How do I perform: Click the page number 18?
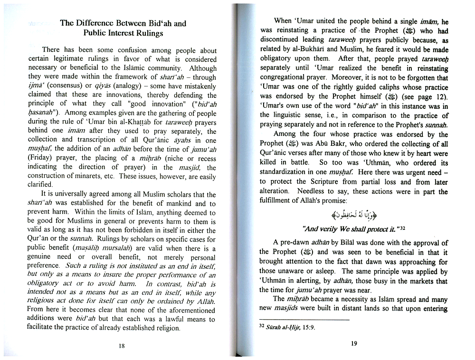(122, 346)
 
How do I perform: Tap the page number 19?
(354, 343)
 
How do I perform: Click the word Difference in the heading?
(100, 23)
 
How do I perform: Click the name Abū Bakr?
(324, 143)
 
